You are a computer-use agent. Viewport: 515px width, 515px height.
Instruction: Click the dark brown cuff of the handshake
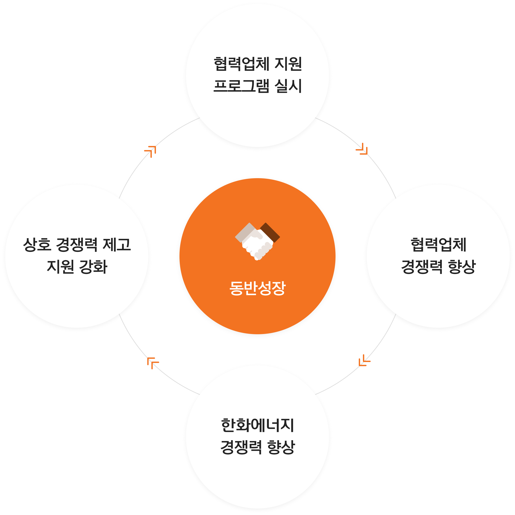point(270,232)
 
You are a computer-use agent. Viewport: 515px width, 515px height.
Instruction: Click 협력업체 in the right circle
point(438,245)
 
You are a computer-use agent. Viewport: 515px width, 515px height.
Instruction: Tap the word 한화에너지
point(257,425)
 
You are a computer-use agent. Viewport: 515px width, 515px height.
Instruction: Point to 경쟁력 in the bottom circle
point(241,448)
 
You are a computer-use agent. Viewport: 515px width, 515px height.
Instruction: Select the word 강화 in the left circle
point(93,267)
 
